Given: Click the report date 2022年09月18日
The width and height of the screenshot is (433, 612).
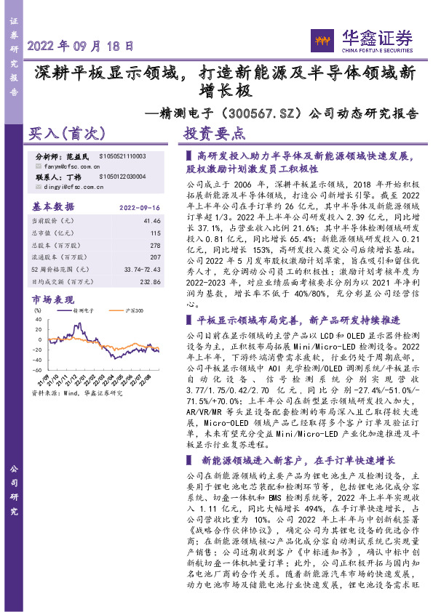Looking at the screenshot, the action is click(80, 45).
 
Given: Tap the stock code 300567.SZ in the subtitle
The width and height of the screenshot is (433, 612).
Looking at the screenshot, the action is click(263, 113).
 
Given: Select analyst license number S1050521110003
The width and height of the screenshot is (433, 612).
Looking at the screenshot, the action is click(123, 156).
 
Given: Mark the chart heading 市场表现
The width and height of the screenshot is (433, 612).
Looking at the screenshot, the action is click(52, 298).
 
